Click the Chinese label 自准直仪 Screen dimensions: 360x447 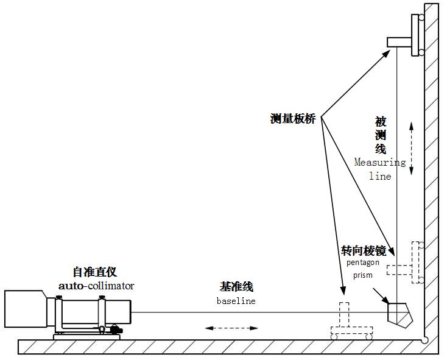pyautogui.click(x=94, y=272)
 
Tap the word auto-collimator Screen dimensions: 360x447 pyautogui.click(x=96, y=285)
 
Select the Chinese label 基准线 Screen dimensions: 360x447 pyautogui.click(x=236, y=287)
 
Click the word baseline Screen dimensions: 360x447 pyautogui.click(x=236, y=301)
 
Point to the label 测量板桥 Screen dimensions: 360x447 pyautogui.click(x=293, y=119)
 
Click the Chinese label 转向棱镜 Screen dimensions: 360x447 pyautogui.click(x=364, y=250)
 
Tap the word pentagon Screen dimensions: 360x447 pyautogui.click(x=363, y=263)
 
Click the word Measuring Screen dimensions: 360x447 pyautogui.click(x=380, y=163)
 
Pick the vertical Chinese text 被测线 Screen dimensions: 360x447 pyautogui.click(x=380, y=135)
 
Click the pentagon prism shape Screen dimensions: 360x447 pyautogui.click(x=399, y=314)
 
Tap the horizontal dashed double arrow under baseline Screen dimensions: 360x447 pyautogui.click(x=231, y=328)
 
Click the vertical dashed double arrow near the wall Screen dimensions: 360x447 pyautogui.click(x=412, y=147)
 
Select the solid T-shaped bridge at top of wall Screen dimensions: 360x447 pyautogui.click(x=406, y=41)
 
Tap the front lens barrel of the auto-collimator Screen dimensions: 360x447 pyautogui.click(x=119, y=311)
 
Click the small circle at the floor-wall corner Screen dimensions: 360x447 pyautogui.click(x=426, y=339)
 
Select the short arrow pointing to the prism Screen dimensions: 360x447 pyautogui.click(x=381, y=296)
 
